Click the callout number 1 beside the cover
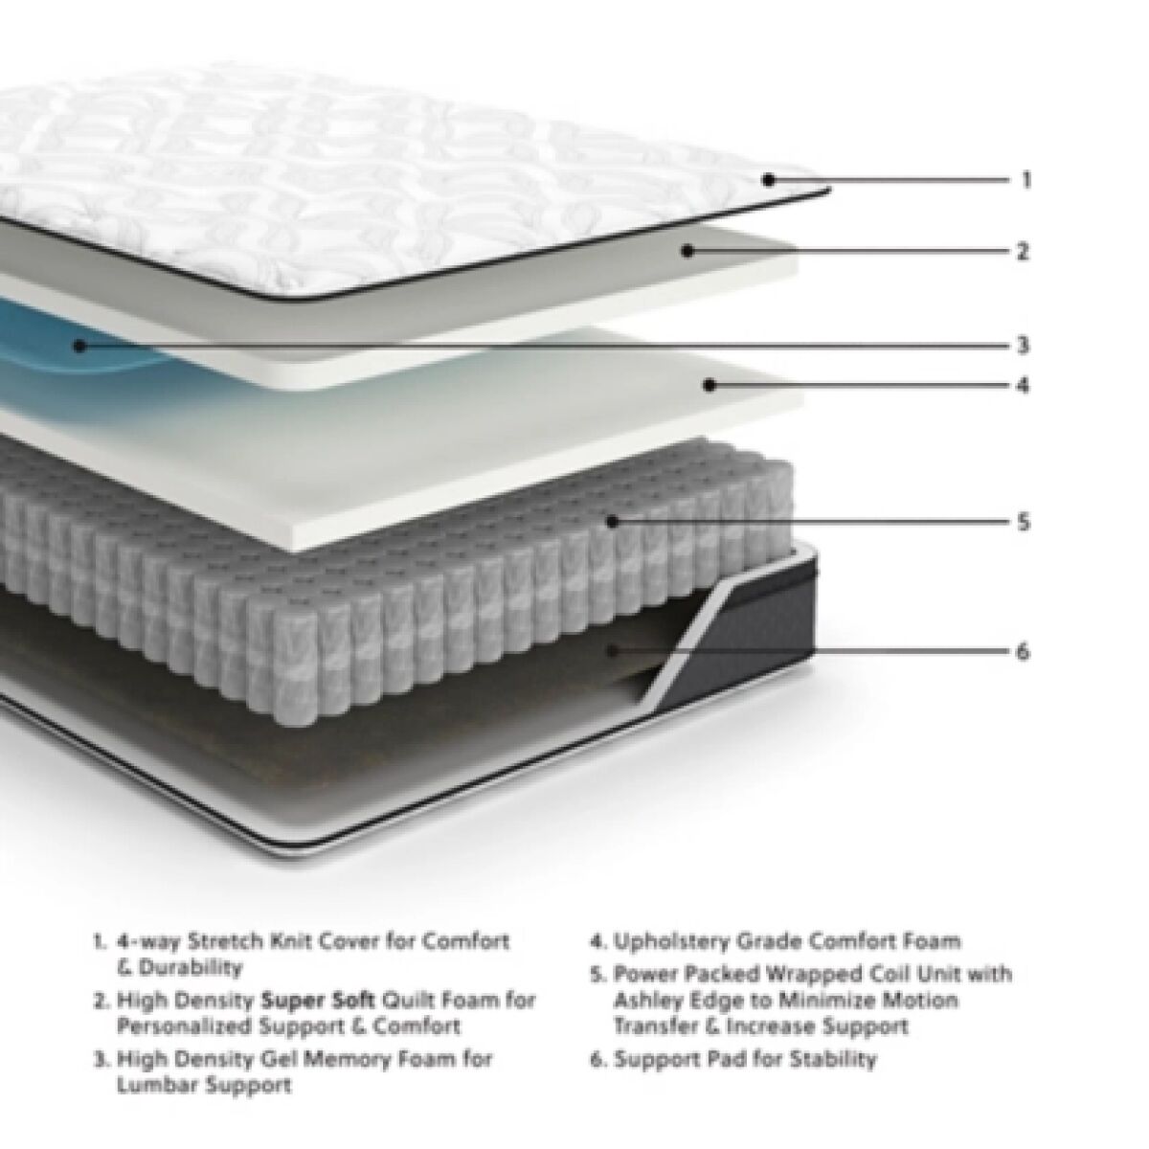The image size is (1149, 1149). pyautogui.click(x=1025, y=179)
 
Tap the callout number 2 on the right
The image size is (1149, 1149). pyautogui.click(x=1023, y=252)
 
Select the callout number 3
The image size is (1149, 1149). pyautogui.click(x=1024, y=346)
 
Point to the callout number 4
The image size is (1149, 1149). pyautogui.click(x=1023, y=385)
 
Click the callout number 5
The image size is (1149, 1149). pyautogui.click(x=1024, y=523)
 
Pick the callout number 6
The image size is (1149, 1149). pyautogui.click(x=1024, y=652)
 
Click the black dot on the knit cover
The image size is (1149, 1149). pyautogui.click(x=769, y=179)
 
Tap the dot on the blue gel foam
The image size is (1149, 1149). pyautogui.click(x=79, y=346)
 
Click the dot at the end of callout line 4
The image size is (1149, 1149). pyautogui.click(x=709, y=385)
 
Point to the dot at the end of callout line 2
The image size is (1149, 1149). pyautogui.click(x=687, y=252)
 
